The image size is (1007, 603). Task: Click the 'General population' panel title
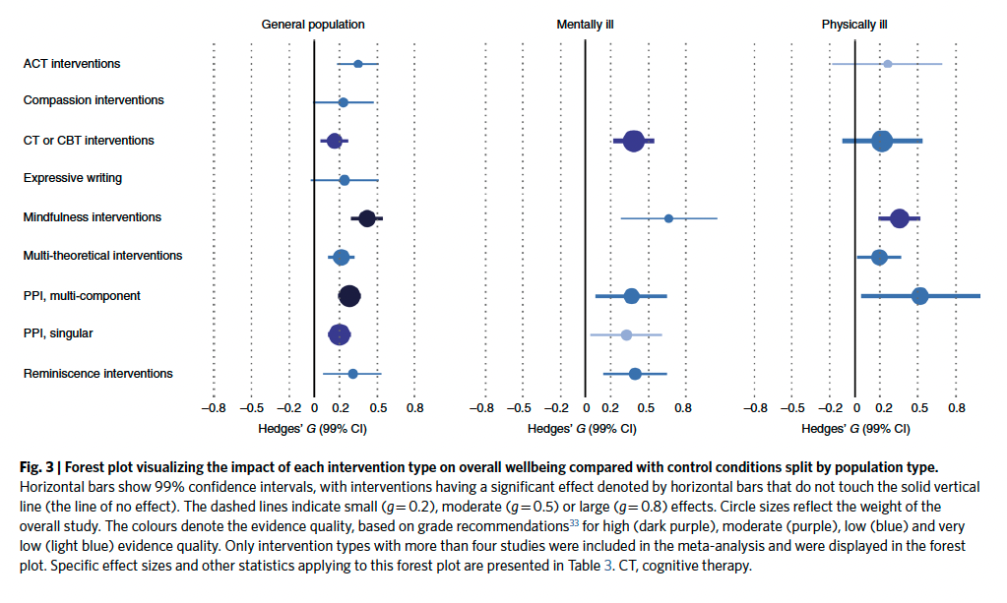313,24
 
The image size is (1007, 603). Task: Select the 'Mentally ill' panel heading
585,24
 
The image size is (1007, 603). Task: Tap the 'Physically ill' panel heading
855,24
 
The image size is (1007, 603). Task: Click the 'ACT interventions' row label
72,64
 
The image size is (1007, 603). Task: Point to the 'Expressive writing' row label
73,179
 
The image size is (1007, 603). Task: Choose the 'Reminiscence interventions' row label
98,374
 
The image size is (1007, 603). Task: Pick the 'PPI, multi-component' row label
82,296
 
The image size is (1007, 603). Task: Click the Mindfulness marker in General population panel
367,218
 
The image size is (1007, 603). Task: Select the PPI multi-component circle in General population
348,296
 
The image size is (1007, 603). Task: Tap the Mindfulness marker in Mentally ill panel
668,218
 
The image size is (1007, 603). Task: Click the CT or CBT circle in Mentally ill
633,142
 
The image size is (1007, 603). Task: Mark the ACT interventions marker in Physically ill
887,64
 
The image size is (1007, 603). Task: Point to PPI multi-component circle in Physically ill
919,296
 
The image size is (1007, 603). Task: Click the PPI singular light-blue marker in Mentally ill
626,335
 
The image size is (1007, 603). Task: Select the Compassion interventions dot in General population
343,102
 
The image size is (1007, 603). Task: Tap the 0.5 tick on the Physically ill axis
919,406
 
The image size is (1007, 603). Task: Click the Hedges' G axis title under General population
312,429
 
